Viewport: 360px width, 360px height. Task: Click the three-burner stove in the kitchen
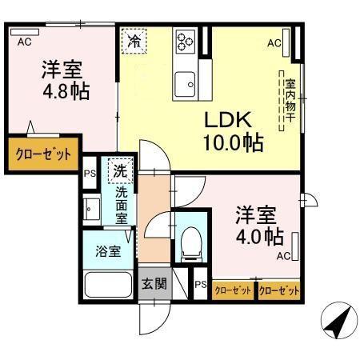pyautogui.click(x=186, y=40)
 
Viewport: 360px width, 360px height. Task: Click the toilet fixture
pyautogui.click(x=190, y=242)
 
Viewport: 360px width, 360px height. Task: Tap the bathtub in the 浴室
pyautogui.click(x=106, y=286)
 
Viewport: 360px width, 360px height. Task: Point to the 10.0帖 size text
pyautogui.click(x=232, y=144)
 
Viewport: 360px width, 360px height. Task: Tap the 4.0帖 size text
pyautogui.click(x=258, y=236)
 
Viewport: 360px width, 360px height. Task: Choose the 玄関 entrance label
pyautogui.click(x=154, y=282)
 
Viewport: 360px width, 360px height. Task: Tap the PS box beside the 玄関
pyautogui.click(x=200, y=285)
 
